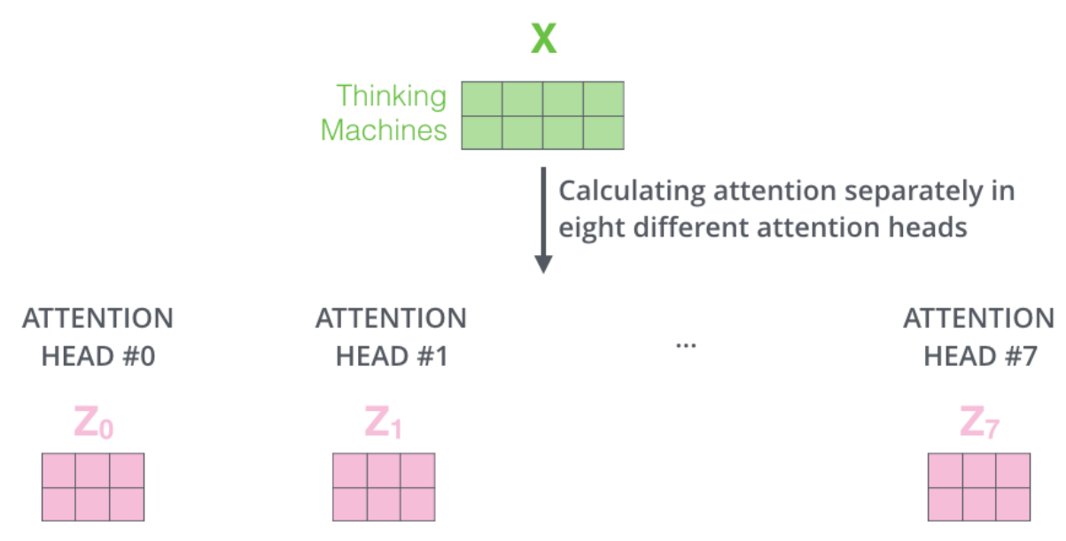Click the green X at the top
click(543, 40)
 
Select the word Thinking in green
click(392, 97)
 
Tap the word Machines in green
click(384, 131)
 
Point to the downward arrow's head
click(543, 264)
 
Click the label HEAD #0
click(97, 357)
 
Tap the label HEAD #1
click(391, 357)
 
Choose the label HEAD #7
click(979, 357)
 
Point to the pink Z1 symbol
click(383, 423)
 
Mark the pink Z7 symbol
click(978, 423)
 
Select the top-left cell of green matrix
click(482, 99)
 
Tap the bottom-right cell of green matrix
click(603, 132)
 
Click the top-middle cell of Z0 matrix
click(93, 470)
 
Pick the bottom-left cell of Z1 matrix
click(349, 503)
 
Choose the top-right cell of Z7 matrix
click(1013, 470)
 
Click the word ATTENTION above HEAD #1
click(391, 319)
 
